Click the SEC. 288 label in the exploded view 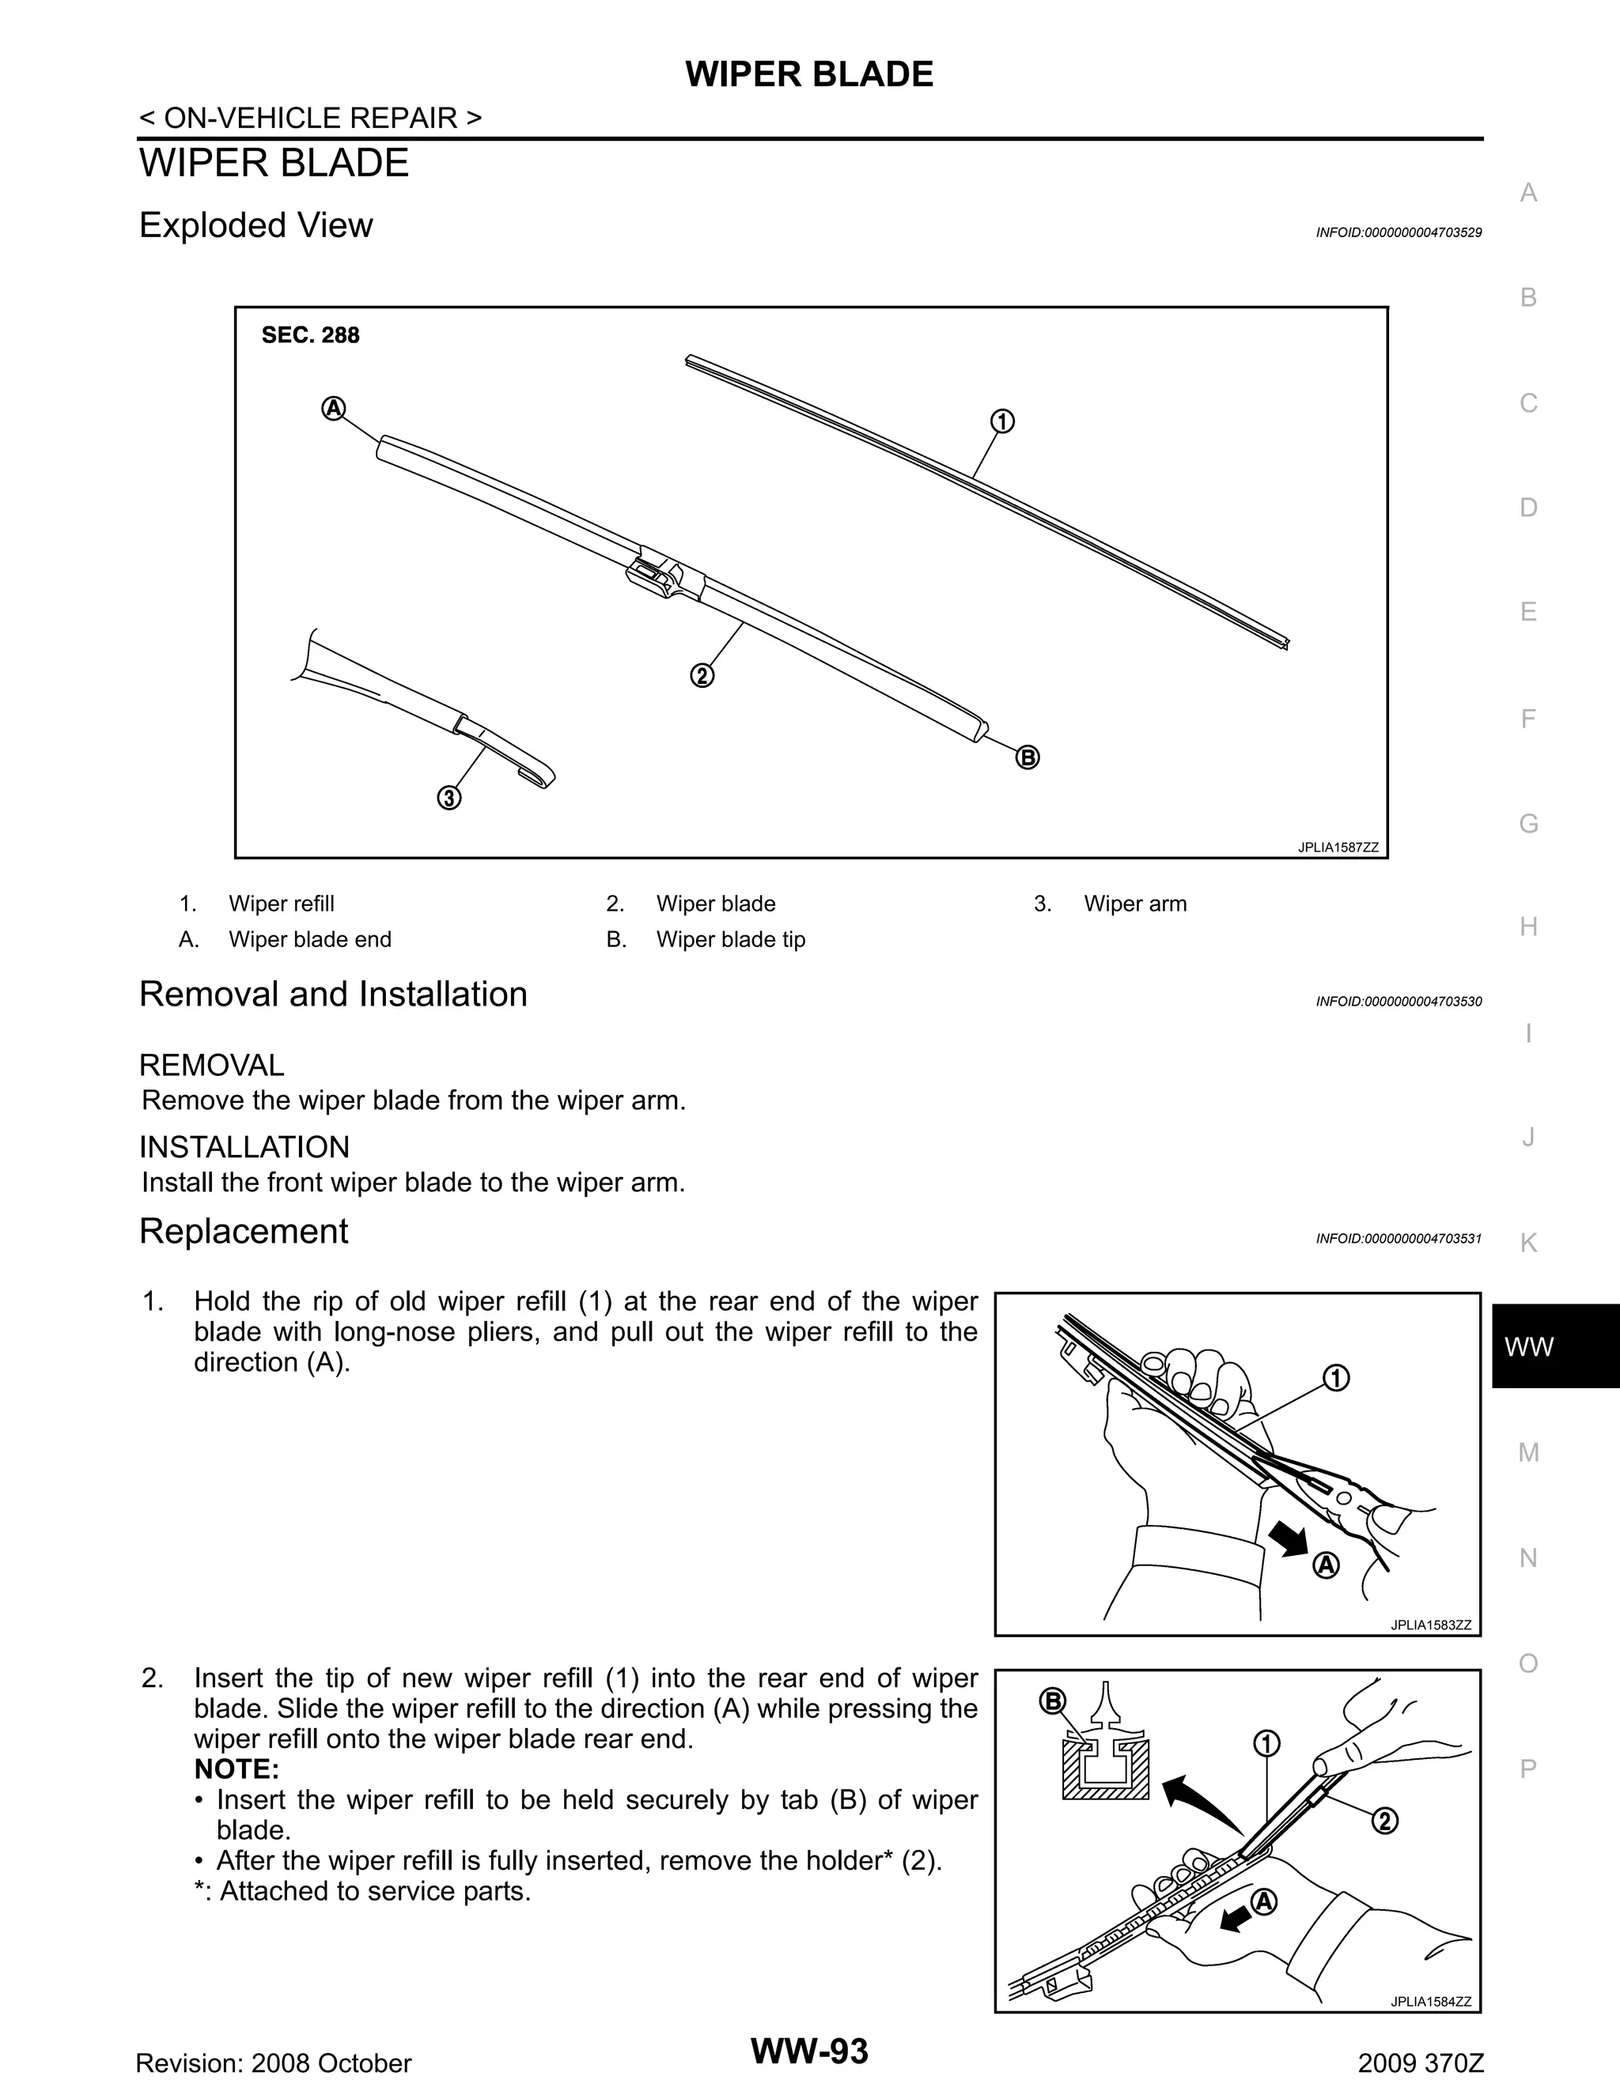(x=310, y=334)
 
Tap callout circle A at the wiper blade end (x=333, y=409)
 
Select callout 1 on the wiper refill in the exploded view (x=1002, y=421)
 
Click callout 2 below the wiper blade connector (x=702, y=675)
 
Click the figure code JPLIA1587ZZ (x=1337, y=847)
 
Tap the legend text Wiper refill (x=281, y=904)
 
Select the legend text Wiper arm (x=1134, y=904)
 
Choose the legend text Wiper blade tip (x=730, y=939)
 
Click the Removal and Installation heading (x=333, y=994)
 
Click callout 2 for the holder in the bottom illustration (x=1385, y=1820)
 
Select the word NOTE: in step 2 (x=236, y=1768)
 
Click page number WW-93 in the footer (x=809, y=2051)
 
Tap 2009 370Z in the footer (x=1421, y=2063)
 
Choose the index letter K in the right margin (x=1529, y=1244)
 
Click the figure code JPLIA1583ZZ (x=1430, y=1624)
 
